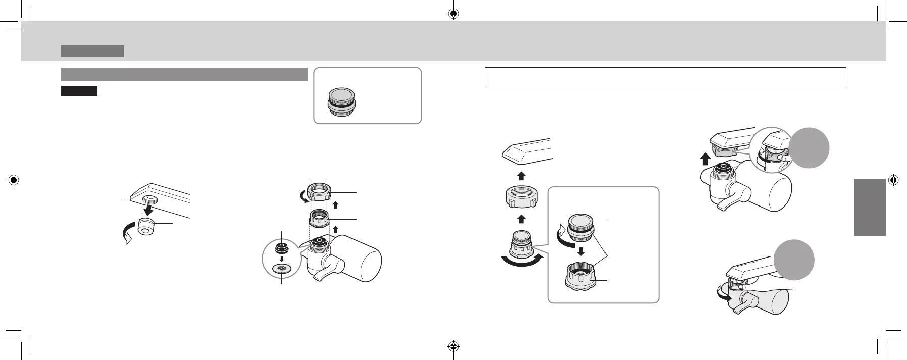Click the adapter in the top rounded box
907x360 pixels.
[342, 102]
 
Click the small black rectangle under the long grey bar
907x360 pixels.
[79, 91]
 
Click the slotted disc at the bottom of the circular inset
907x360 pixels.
[282, 269]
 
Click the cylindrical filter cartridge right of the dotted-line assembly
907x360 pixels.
[361, 260]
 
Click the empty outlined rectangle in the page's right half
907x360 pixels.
[665, 78]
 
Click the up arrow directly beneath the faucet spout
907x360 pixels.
[522, 175]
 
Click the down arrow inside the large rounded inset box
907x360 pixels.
[581, 251]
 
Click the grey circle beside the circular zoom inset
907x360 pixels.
[809, 147]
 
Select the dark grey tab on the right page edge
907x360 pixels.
[870, 207]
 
